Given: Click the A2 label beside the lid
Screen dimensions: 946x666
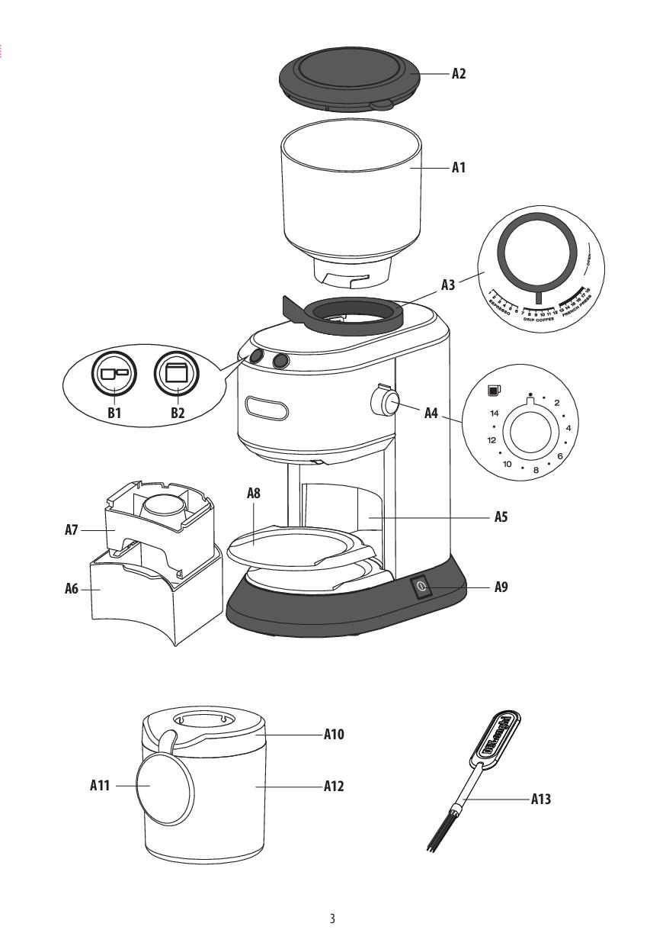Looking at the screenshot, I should tap(458, 74).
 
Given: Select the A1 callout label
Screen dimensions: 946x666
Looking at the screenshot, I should tap(458, 167).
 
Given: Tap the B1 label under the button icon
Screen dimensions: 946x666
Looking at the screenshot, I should tap(114, 413).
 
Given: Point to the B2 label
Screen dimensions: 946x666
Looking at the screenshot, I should tap(178, 413).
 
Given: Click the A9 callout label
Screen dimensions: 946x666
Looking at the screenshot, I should tap(501, 587).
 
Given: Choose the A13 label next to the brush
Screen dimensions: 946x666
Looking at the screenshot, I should tap(540, 800).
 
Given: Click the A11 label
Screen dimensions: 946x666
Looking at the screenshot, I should tap(101, 785).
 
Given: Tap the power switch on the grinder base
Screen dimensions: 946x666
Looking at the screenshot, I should tap(421, 587).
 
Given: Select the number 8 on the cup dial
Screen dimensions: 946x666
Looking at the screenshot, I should tap(536, 471).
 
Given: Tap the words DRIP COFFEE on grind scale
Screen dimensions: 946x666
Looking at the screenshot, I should tap(539, 320).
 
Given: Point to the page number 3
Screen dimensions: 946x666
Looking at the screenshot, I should tap(332, 919).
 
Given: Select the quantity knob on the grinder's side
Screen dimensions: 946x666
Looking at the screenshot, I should tap(388, 403).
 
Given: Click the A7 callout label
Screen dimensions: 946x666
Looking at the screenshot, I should tap(72, 529).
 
